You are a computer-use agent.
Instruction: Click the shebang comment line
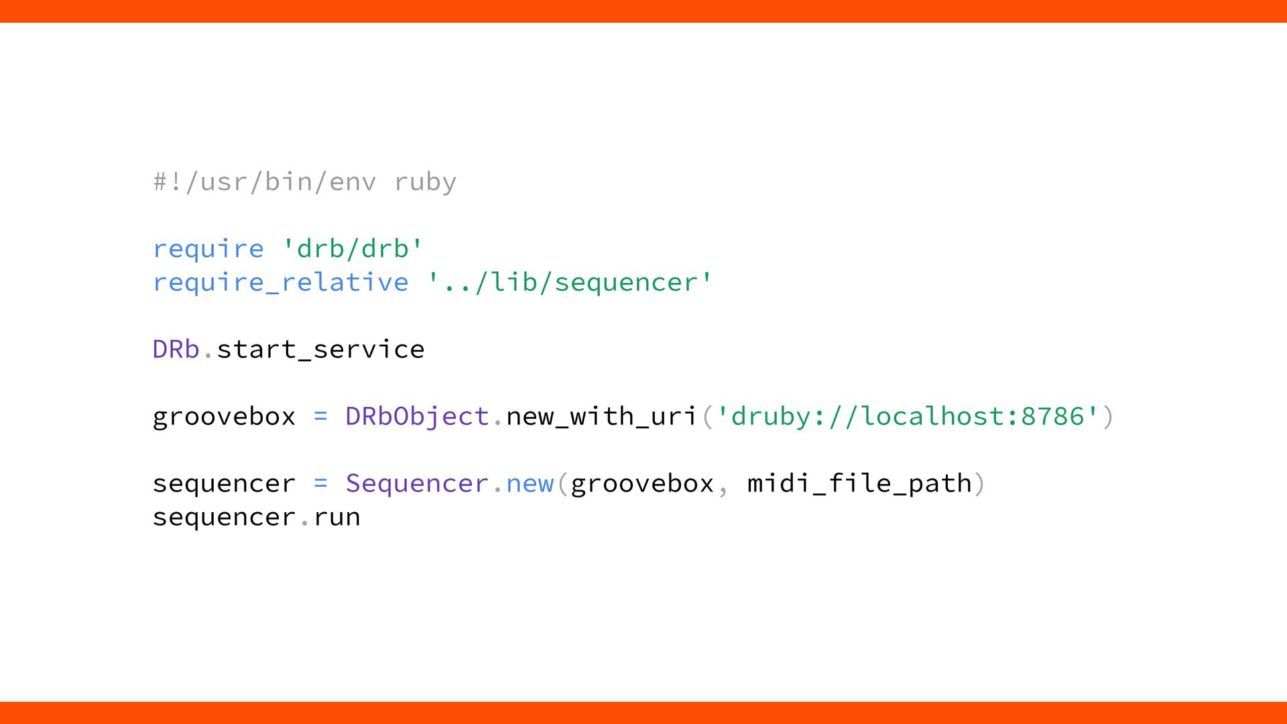click(304, 182)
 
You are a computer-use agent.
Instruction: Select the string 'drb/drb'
click(353, 249)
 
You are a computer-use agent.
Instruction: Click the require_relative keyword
click(280, 282)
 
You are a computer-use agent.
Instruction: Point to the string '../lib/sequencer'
click(570, 282)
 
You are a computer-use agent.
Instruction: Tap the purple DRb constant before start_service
click(176, 349)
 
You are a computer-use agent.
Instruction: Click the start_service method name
click(320, 349)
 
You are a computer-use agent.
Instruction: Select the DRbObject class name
click(417, 416)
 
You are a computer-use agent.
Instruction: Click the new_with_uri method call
click(601, 416)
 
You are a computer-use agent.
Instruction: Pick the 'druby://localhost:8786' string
click(908, 416)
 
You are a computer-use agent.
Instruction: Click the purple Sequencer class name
click(417, 483)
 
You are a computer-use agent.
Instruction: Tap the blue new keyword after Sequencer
click(530, 483)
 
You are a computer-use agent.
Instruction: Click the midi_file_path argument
click(859, 483)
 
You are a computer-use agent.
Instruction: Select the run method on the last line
click(336, 517)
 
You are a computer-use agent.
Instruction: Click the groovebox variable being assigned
click(224, 416)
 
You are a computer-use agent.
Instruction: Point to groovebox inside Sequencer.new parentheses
click(642, 483)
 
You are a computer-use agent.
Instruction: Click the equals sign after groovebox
click(320, 416)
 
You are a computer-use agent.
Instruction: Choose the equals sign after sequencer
click(320, 483)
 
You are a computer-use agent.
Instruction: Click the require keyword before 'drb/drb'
click(208, 249)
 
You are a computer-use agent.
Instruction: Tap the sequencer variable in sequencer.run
click(224, 517)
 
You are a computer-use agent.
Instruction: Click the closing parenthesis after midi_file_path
click(979, 483)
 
